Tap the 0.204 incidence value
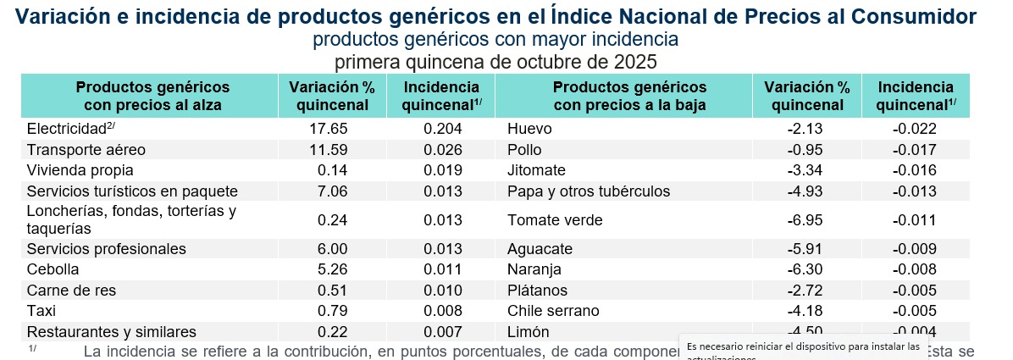click(x=441, y=129)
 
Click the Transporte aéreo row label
click(x=86, y=150)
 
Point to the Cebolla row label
click(x=53, y=269)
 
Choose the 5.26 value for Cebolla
click(x=332, y=269)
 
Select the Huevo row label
click(x=529, y=129)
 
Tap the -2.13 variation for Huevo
click(x=805, y=129)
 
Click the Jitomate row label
click(x=536, y=170)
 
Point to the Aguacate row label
click(x=540, y=249)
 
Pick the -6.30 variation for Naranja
click(x=805, y=269)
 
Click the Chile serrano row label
click(x=553, y=311)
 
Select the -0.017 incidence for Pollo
click(x=914, y=150)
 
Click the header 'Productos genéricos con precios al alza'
click(x=152, y=96)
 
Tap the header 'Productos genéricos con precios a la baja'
click(x=629, y=96)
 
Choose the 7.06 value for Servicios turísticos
click(x=332, y=191)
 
